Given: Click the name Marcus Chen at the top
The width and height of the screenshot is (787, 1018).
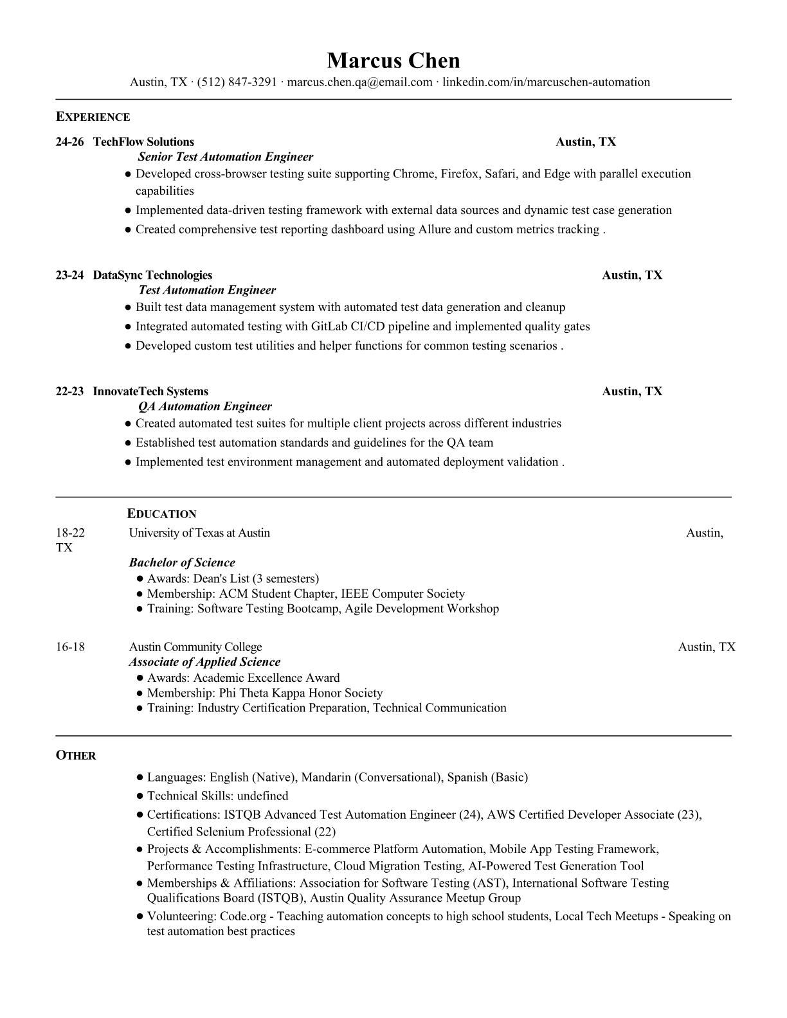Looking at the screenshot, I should click(x=393, y=61).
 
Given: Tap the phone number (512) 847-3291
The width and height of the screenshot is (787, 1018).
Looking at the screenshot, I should click(x=237, y=82).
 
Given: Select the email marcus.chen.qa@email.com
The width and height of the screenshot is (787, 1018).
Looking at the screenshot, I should click(x=359, y=82).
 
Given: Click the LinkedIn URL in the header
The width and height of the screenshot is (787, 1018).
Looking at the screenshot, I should click(x=546, y=82).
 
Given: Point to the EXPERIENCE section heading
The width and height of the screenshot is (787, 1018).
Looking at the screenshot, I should click(x=93, y=117).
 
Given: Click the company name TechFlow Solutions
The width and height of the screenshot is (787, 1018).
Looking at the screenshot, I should click(x=143, y=142).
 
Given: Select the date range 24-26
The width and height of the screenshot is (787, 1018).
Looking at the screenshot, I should click(x=69, y=142).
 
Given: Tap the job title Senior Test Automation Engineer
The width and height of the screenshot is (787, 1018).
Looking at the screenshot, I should click(x=226, y=157).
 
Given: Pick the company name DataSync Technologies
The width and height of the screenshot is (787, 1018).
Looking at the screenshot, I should click(x=152, y=276).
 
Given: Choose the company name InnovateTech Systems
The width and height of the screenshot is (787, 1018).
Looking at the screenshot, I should click(x=150, y=391).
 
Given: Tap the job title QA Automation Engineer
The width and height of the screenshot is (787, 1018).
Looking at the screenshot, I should click(x=205, y=406).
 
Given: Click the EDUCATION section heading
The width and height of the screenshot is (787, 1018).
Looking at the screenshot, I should click(x=162, y=514).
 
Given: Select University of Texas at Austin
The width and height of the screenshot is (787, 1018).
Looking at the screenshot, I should click(x=199, y=533).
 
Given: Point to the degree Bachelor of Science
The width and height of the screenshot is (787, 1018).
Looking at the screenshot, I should click(x=182, y=562).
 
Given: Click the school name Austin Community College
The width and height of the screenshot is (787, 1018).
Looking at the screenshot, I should click(x=195, y=647).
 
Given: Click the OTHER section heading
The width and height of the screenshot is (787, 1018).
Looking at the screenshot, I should click(x=76, y=756).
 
